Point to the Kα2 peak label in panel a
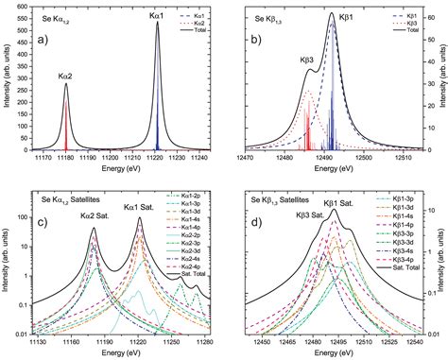coord(65,74)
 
